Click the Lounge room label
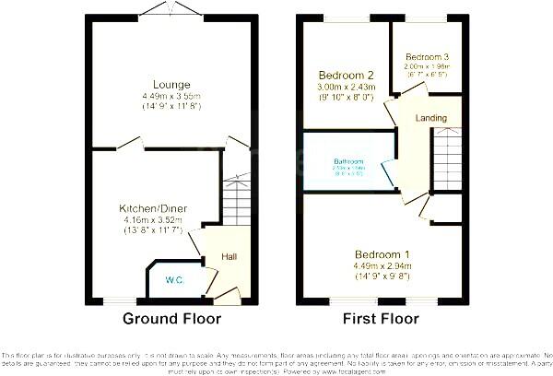point(172,85)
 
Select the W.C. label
point(174,279)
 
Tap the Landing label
point(431,119)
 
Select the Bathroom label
point(349,162)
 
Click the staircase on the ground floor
point(237,197)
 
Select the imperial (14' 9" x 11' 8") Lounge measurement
point(172,107)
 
